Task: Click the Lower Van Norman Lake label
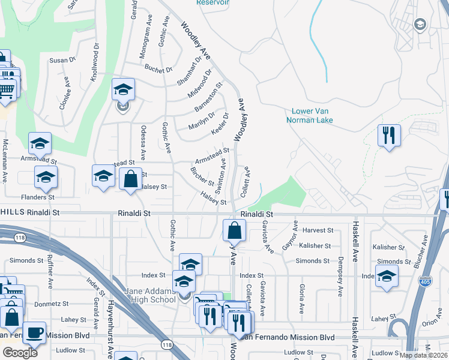(312, 116)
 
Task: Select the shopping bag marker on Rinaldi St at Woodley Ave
(234, 230)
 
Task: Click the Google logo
(20, 353)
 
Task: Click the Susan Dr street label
(62, 60)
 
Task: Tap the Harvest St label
(318, 230)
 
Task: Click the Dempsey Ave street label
(340, 277)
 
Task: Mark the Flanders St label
(38, 197)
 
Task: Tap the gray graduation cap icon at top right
(420, 24)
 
